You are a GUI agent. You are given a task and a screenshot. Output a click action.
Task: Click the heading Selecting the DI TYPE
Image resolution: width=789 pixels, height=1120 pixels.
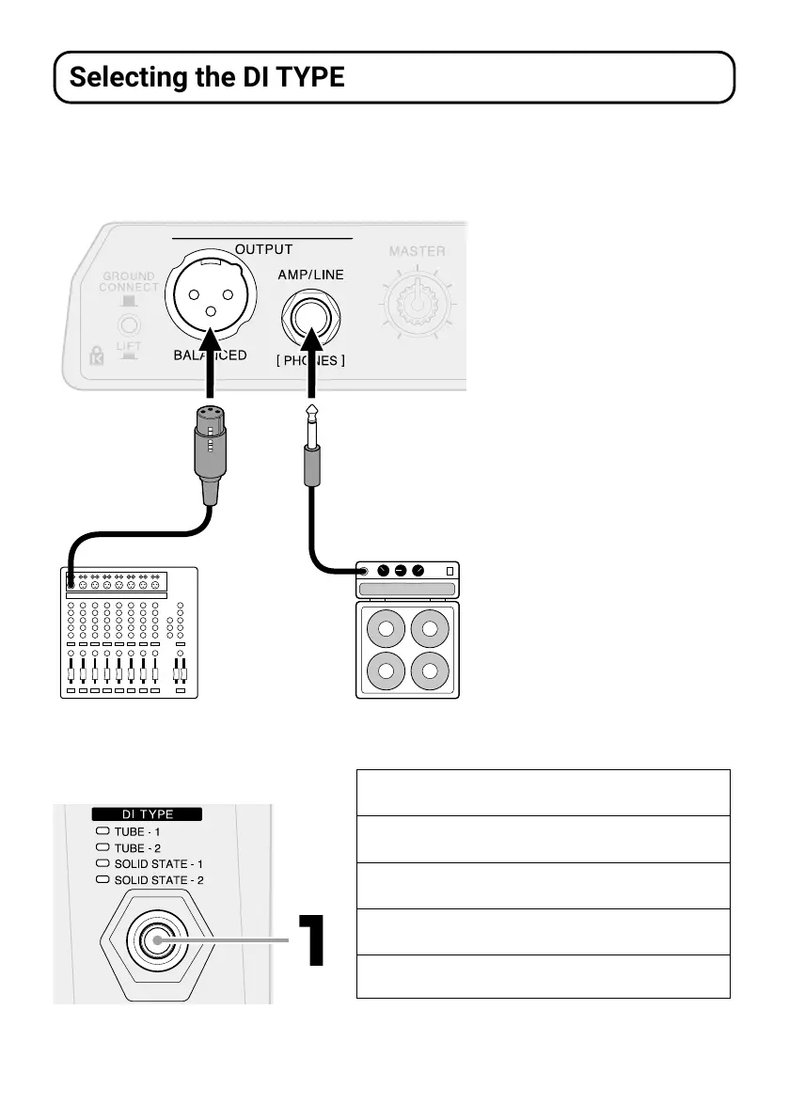point(207,77)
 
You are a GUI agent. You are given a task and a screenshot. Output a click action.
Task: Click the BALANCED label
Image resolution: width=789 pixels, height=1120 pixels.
point(210,355)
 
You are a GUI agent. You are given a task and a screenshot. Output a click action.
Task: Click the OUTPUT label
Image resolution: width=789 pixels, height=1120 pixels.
point(263,250)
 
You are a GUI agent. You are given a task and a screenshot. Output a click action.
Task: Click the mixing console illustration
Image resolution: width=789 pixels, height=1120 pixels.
point(129,632)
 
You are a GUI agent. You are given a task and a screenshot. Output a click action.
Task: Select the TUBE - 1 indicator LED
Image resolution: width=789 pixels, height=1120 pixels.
point(103,831)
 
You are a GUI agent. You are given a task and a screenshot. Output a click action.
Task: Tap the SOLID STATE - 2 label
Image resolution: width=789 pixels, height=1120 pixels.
point(159,880)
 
